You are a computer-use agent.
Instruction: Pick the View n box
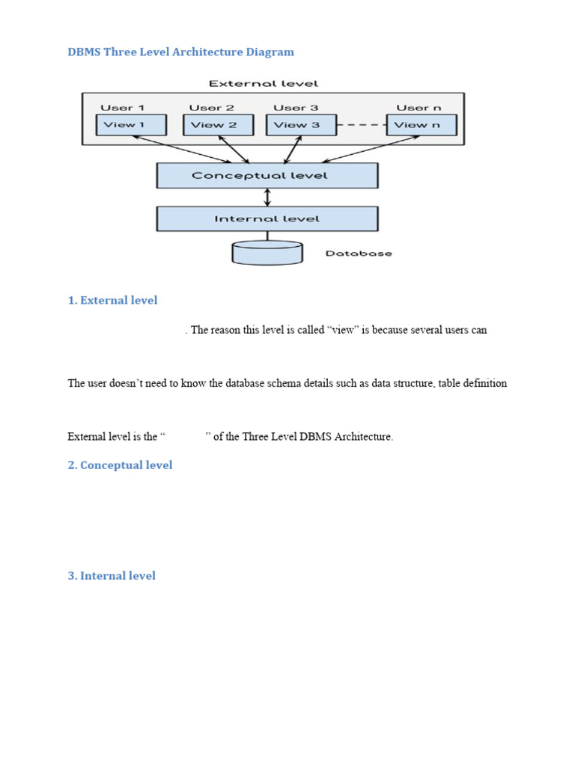point(421,125)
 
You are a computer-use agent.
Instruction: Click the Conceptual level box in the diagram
point(267,176)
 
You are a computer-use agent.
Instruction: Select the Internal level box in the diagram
point(267,219)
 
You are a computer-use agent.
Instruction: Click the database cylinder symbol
point(267,253)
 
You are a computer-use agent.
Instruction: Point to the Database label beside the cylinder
point(359,254)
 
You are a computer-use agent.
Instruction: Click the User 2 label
point(211,108)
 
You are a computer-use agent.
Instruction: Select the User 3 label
point(296,108)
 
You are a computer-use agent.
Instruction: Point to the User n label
point(419,108)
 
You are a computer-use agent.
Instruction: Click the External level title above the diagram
point(263,83)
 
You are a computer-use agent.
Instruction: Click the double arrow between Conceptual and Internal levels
point(267,197)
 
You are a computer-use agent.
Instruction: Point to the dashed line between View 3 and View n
point(362,125)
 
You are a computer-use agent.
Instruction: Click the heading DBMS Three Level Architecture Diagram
point(180,52)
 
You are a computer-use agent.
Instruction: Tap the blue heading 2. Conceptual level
point(120,465)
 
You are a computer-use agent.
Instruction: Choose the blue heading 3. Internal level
point(112,576)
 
